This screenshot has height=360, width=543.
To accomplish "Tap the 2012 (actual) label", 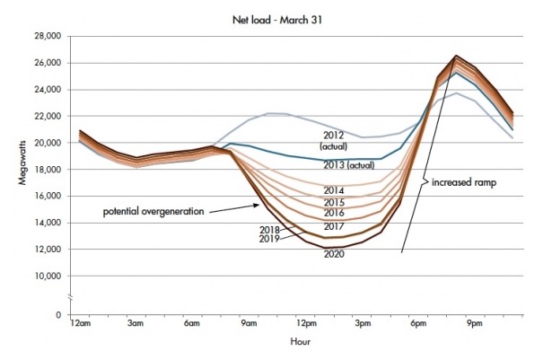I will pos(331,139).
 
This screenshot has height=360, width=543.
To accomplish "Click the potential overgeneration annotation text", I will pos(152,213).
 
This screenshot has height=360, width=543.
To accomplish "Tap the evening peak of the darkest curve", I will pos(456,56).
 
